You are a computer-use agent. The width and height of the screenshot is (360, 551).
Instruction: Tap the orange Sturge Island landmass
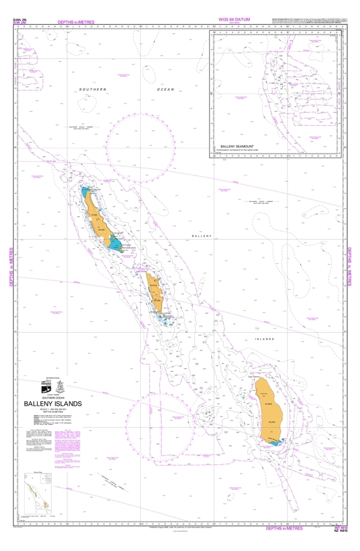(x=271, y=408)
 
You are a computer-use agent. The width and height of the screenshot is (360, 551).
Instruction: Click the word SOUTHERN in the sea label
(x=94, y=89)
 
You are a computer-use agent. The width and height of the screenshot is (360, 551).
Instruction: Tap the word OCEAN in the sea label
(x=165, y=89)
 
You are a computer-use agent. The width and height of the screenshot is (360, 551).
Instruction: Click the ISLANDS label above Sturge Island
(x=264, y=339)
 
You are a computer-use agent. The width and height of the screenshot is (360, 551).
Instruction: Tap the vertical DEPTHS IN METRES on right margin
(x=350, y=266)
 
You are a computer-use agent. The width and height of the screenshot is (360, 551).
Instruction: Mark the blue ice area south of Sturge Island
(x=275, y=440)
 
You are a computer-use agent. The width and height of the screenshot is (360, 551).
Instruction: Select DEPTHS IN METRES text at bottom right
(x=285, y=529)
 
